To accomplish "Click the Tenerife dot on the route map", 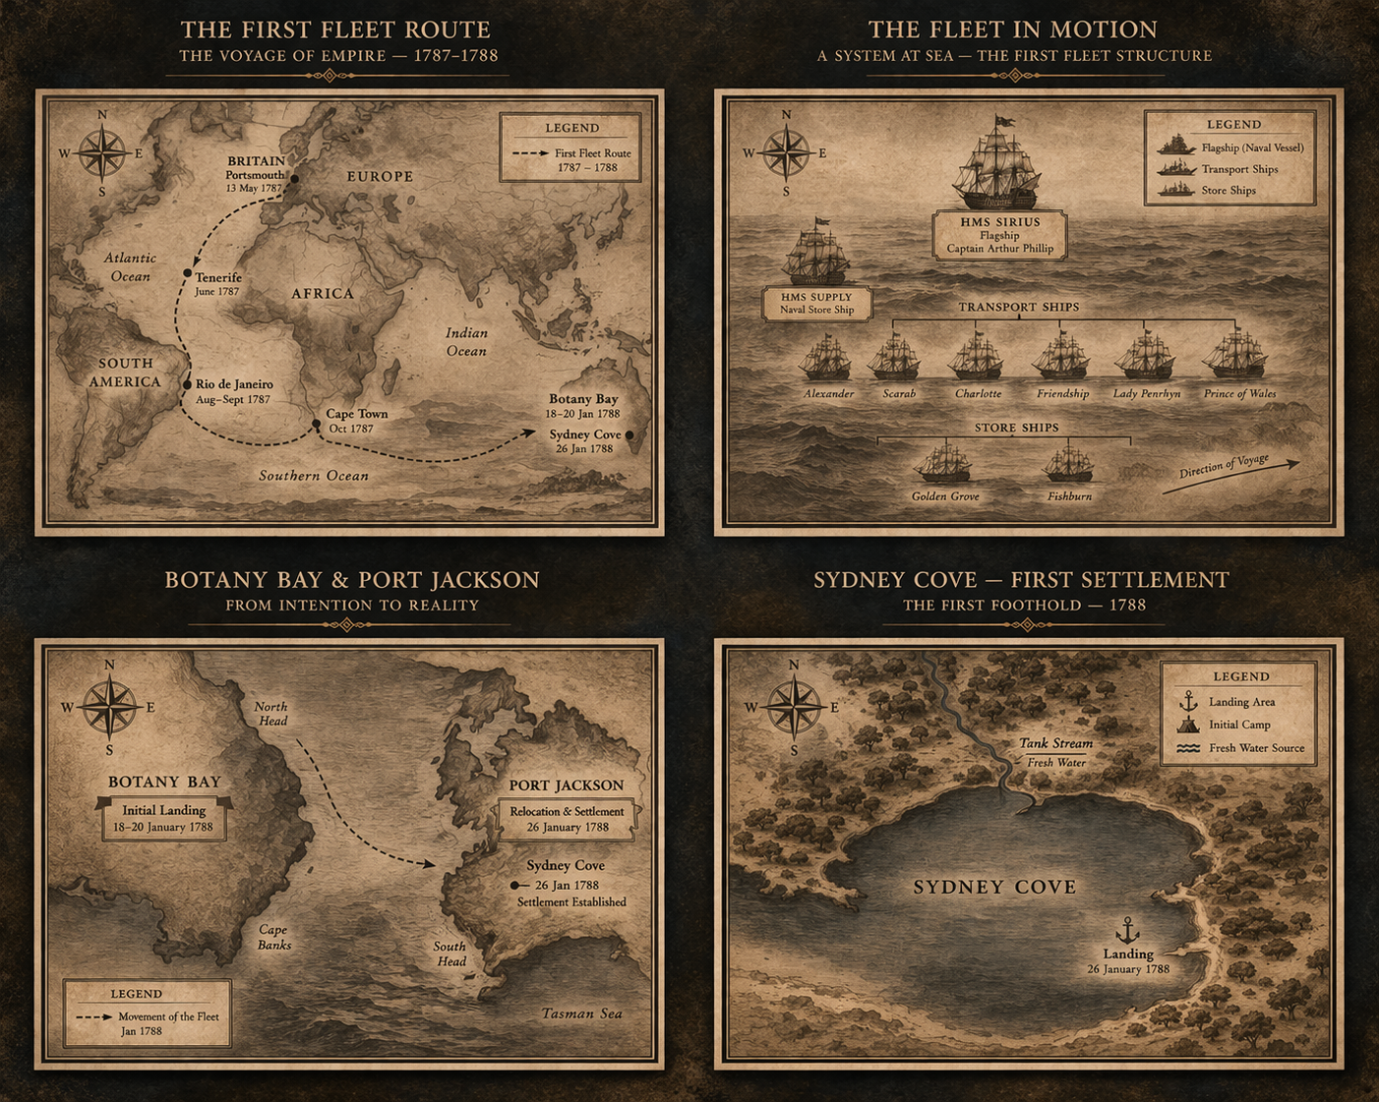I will click(187, 273).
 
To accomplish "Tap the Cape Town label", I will click(356, 414).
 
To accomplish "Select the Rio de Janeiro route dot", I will click(187, 385).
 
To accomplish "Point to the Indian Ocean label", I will click(466, 342).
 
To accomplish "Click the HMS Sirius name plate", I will click(999, 235).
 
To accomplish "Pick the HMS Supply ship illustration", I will click(815, 255).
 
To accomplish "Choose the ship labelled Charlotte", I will click(976, 357).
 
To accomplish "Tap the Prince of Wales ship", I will click(1236, 355).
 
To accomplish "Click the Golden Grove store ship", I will click(943, 462).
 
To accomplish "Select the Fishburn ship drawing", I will click(1068, 463).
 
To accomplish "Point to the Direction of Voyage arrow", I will click(1239, 472).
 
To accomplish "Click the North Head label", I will click(271, 714).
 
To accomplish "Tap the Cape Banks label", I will click(273, 937).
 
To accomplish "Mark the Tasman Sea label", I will click(581, 1014).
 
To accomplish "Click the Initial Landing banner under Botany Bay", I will click(163, 818).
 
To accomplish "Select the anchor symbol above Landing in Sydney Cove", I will click(1126, 929).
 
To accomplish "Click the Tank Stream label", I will click(1055, 743).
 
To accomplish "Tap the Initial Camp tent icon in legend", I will click(1188, 725).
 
